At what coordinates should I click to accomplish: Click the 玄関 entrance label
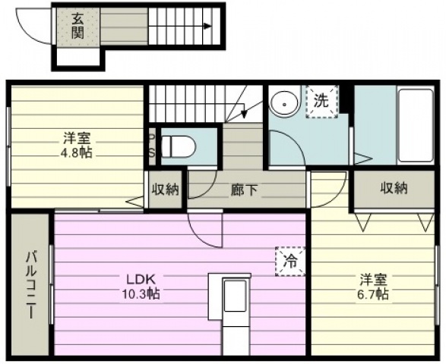pyautogui.click(x=77, y=26)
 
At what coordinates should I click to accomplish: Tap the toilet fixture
pyautogui.click(x=179, y=146)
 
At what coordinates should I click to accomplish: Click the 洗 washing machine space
pyautogui.click(x=321, y=102)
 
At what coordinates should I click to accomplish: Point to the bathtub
pyautogui.click(x=416, y=126)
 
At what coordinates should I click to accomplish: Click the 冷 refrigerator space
pyautogui.click(x=290, y=261)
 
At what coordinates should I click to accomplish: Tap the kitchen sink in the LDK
pyautogui.click(x=235, y=296)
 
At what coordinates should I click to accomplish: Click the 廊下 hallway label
pyautogui.click(x=244, y=190)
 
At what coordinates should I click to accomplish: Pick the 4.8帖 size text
pyautogui.click(x=76, y=152)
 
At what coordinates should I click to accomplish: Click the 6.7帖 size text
pyautogui.click(x=373, y=294)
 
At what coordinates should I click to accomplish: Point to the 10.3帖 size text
pyautogui.click(x=141, y=294)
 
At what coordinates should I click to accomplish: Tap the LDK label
pyautogui.click(x=141, y=280)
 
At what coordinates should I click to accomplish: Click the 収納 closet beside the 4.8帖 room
pyautogui.click(x=165, y=190)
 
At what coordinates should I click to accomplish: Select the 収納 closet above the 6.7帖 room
pyautogui.click(x=394, y=189)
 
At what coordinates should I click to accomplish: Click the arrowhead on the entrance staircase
pyautogui.click(x=208, y=26)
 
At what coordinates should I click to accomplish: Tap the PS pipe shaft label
pyautogui.click(x=152, y=146)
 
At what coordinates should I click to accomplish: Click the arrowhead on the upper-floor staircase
pyautogui.click(x=243, y=114)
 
